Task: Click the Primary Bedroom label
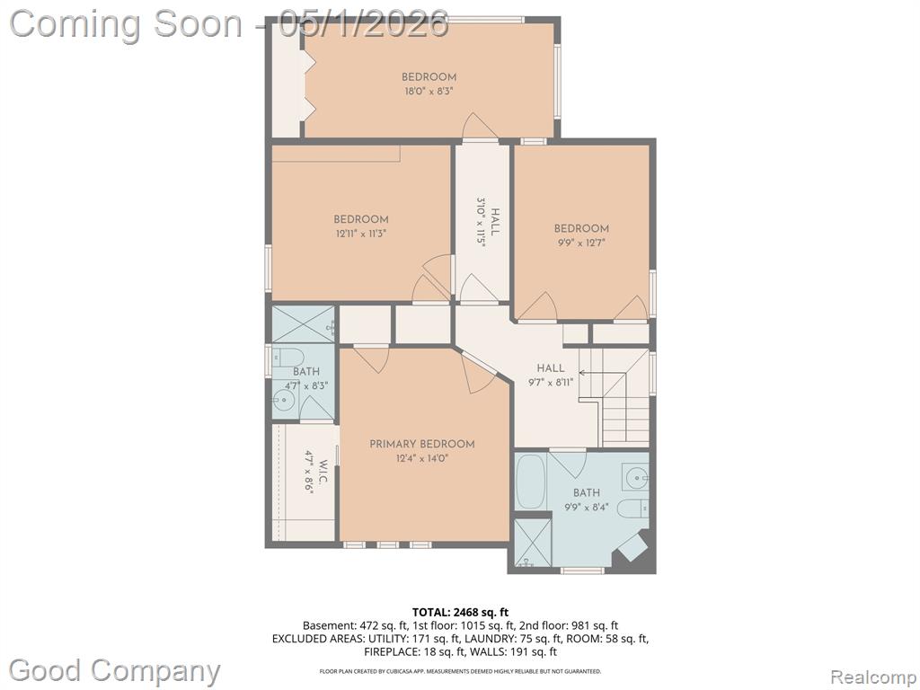pos(422,444)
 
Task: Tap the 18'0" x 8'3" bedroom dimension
pos(429,91)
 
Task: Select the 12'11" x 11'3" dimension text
pos(361,234)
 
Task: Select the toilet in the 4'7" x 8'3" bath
pos(289,357)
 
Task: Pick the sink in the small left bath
pos(283,402)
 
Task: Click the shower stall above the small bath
pos(303,323)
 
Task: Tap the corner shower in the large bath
pos(533,543)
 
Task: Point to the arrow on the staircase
pos(609,373)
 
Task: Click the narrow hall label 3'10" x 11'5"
pos(489,224)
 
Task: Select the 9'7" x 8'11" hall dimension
pos(551,382)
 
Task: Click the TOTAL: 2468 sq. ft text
pos(460,613)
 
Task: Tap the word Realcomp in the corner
pos(872,677)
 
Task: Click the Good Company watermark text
pos(114,670)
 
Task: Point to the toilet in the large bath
pos(633,509)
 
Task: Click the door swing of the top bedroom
pos(480,127)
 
